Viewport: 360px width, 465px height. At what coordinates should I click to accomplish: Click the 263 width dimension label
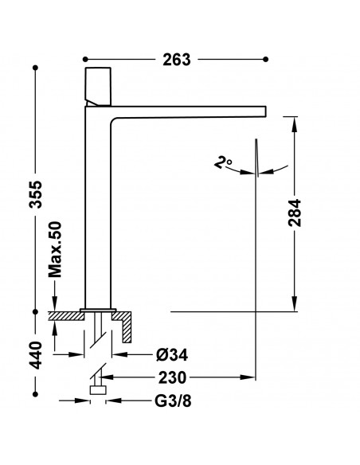pyautogui.click(x=177, y=60)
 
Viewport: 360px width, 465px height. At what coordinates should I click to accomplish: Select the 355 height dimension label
pyautogui.click(x=37, y=194)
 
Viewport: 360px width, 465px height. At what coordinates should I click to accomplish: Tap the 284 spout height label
pyautogui.click(x=295, y=213)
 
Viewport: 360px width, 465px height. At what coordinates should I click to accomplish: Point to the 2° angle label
pyautogui.click(x=223, y=162)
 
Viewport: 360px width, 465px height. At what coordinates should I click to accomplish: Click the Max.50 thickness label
pyautogui.click(x=55, y=249)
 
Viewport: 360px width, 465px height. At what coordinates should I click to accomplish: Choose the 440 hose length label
pyautogui.click(x=37, y=355)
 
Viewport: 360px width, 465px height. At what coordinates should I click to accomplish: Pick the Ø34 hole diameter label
pyautogui.click(x=172, y=354)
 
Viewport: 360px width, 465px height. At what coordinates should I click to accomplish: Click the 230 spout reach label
pyautogui.click(x=172, y=377)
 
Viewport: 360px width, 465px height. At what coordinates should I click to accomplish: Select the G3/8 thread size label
pyautogui.click(x=173, y=401)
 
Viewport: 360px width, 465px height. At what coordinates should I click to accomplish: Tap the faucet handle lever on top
pyautogui.click(x=98, y=86)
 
